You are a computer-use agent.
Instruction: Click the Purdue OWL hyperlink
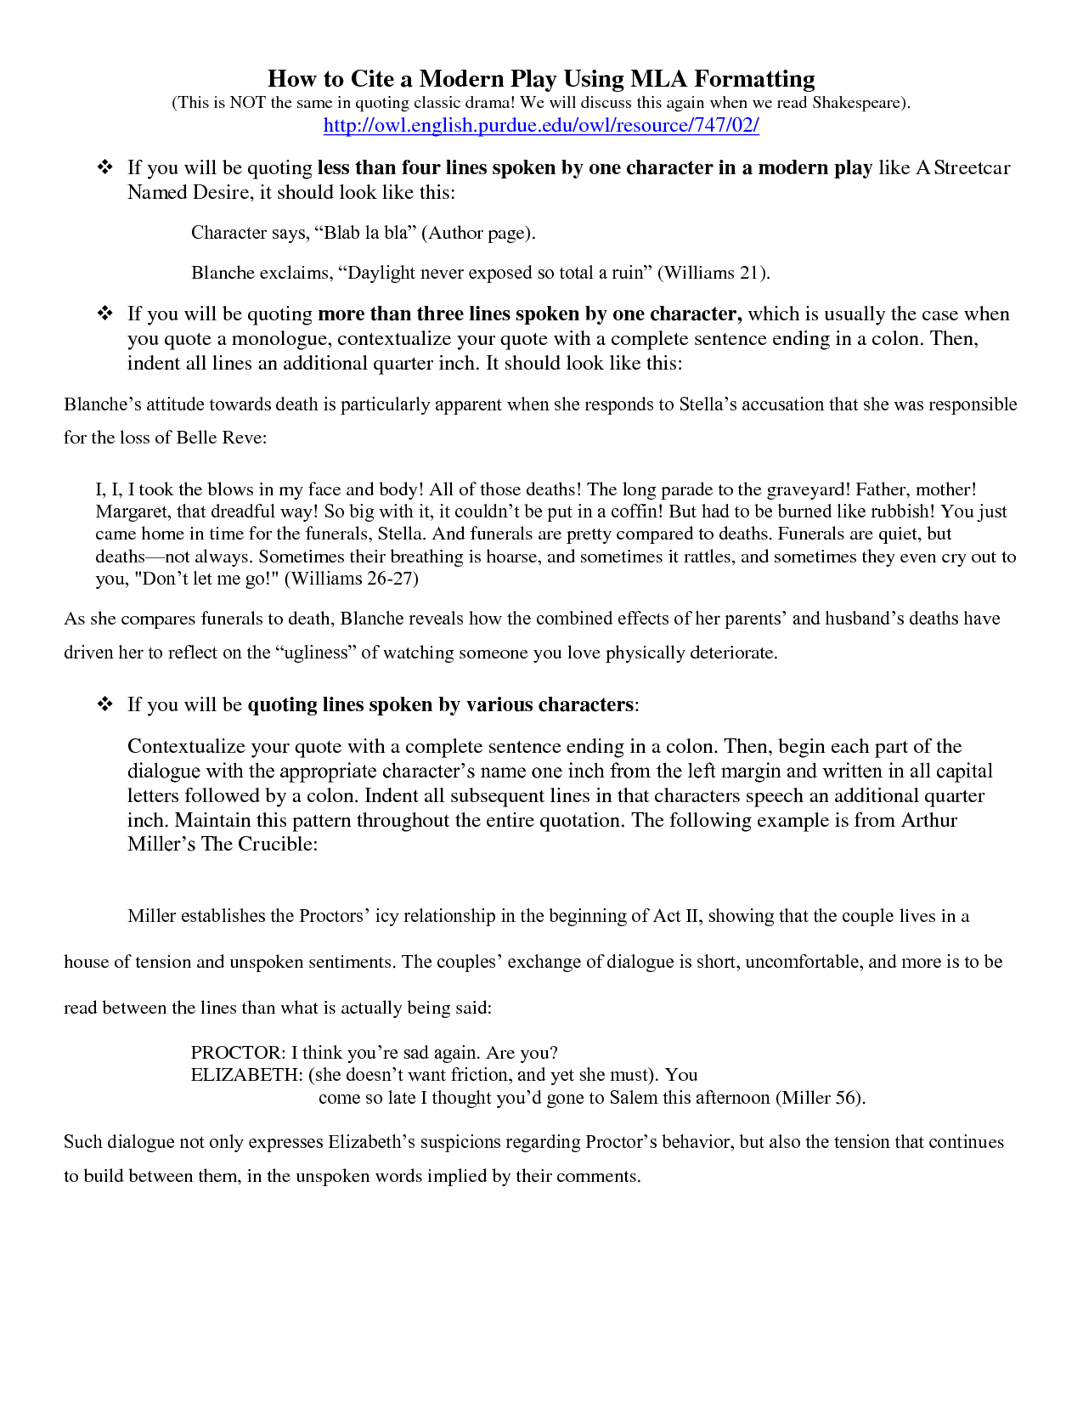541,126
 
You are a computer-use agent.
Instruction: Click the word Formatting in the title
754,79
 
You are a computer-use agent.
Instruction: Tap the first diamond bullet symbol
105,167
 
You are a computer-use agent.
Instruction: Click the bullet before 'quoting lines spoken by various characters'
105,704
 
